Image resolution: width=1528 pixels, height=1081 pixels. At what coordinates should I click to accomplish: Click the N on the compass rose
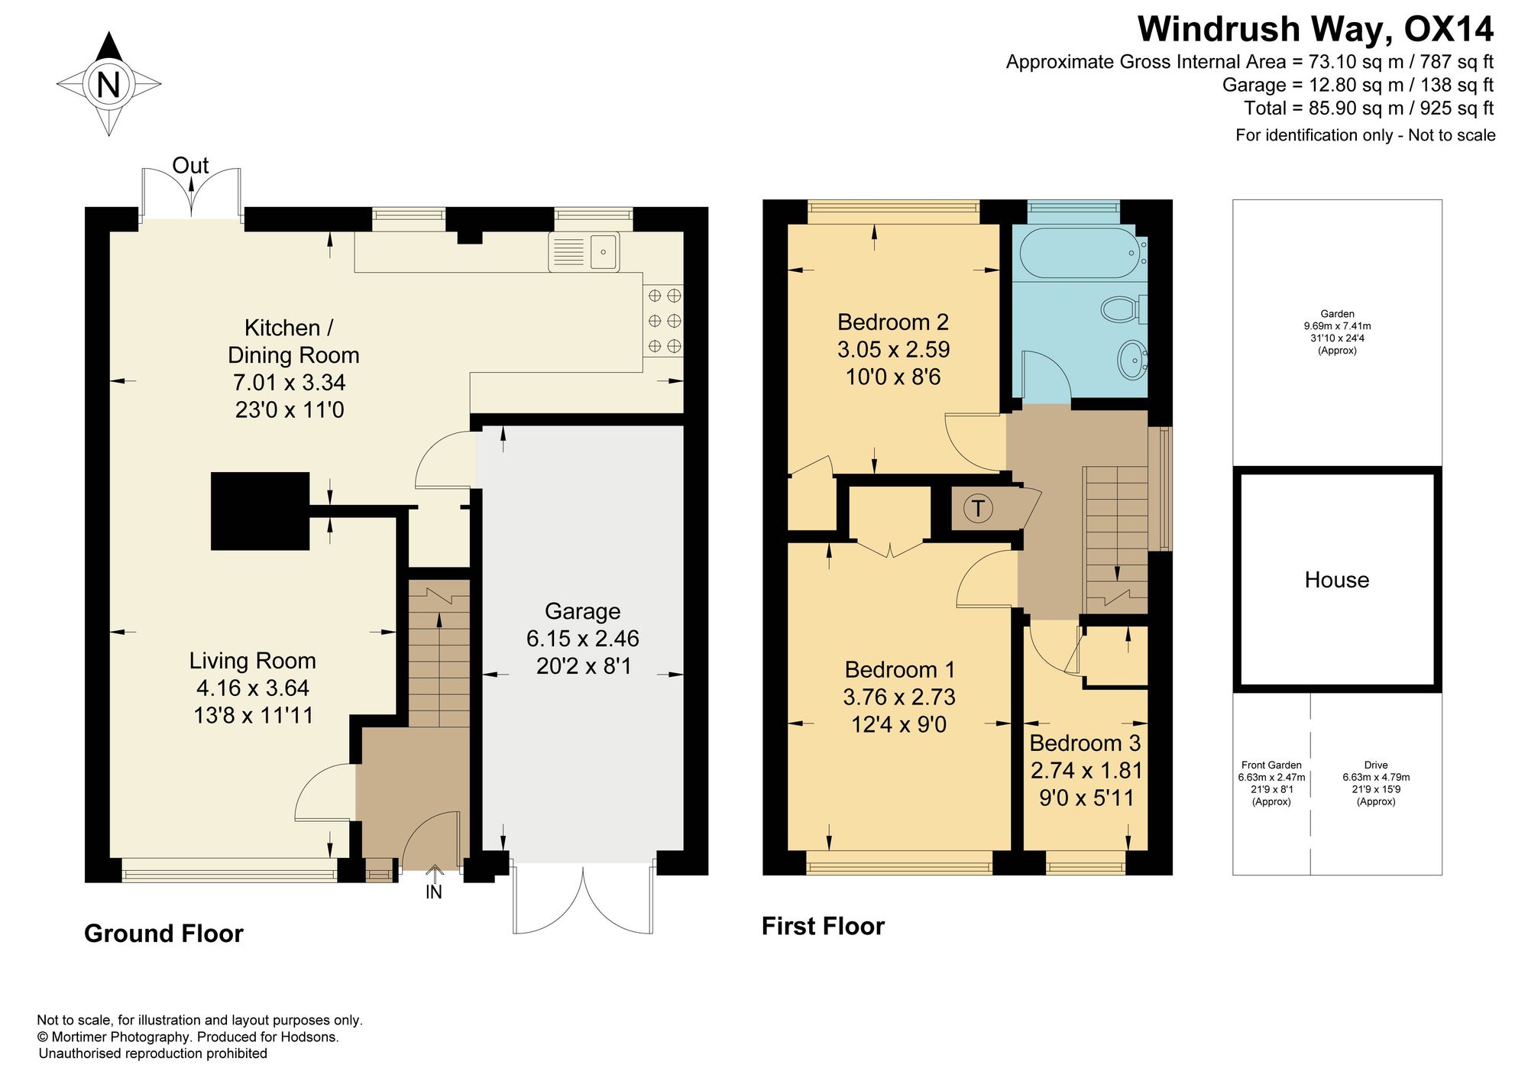pyautogui.click(x=108, y=84)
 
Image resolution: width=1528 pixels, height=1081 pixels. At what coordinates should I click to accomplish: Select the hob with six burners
pyautogui.click(x=664, y=321)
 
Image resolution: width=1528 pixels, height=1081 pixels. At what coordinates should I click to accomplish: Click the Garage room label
pyautogui.click(x=582, y=611)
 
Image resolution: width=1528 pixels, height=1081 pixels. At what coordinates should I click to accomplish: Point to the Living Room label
pyautogui.click(x=253, y=661)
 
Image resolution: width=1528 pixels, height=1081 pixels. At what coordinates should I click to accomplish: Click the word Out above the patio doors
pyautogui.click(x=190, y=165)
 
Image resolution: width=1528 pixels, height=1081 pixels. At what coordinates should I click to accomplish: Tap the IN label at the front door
pyautogui.click(x=434, y=892)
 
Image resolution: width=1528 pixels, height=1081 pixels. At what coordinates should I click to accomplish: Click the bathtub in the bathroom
pyautogui.click(x=1080, y=253)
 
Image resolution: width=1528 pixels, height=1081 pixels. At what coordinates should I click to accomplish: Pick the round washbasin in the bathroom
pyautogui.click(x=1131, y=359)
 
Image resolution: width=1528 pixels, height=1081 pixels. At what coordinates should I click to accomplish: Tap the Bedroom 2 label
pyautogui.click(x=893, y=322)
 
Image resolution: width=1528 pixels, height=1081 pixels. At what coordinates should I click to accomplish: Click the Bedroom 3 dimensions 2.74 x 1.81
pyautogui.click(x=1086, y=770)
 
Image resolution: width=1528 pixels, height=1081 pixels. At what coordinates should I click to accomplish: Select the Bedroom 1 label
pyautogui.click(x=900, y=670)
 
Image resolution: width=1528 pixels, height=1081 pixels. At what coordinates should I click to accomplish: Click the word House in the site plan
pyautogui.click(x=1336, y=580)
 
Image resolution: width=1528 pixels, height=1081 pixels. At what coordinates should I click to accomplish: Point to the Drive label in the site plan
pyautogui.click(x=1376, y=765)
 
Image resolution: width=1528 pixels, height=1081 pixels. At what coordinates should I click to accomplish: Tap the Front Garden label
pyautogui.click(x=1271, y=765)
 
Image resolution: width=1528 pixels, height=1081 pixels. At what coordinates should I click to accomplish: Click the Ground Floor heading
pyautogui.click(x=163, y=934)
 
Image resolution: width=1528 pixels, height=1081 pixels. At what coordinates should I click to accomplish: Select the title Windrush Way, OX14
pyautogui.click(x=1316, y=30)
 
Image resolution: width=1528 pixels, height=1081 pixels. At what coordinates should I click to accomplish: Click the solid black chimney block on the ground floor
pyautogui.click(x=261, y=511)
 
